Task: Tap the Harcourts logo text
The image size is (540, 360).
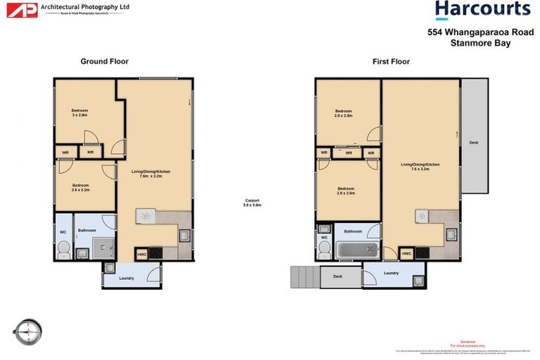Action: pos(482,10)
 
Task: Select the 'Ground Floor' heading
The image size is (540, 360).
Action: pos(104,62)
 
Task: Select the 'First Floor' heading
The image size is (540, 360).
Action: pos(391,62)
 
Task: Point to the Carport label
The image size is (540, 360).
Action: pos(252,202)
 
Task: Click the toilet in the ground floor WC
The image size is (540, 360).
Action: pos(63,248)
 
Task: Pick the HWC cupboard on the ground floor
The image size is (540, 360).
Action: pos(142,254)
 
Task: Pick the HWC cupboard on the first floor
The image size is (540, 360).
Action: pos(406,254)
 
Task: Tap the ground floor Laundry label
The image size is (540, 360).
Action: pos(127,278)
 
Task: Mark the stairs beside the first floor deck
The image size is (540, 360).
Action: pos(304,277)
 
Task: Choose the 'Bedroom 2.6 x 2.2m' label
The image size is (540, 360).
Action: pos(80,186)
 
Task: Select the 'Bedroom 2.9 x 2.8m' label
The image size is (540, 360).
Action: pos(343,113)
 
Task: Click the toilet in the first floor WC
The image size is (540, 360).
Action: pos(324,249)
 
